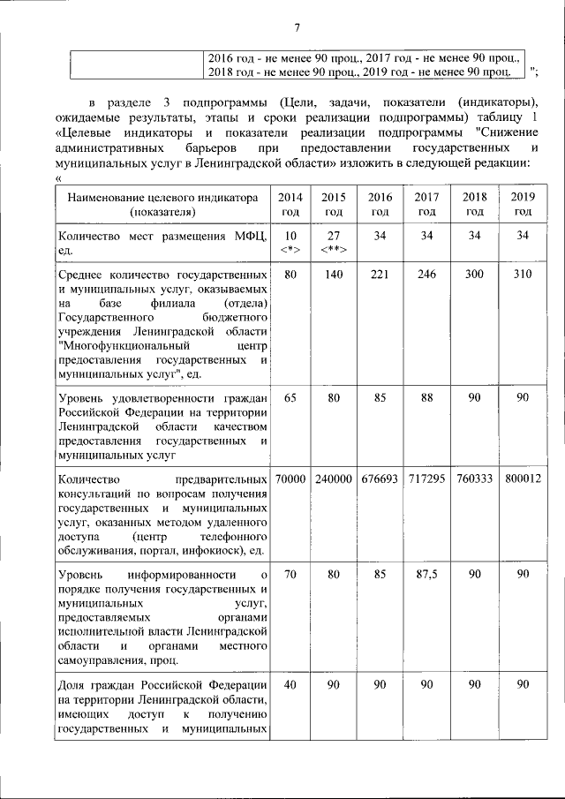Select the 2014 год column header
tap(290, 204)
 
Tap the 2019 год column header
tap(523, 204)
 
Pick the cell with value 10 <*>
tap(290, 242)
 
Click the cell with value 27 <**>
tap(334, 242)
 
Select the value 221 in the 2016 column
tap(380, 275)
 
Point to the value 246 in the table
tap(427, 275)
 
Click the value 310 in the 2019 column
tap(523, 275)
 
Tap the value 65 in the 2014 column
tap(290, 397)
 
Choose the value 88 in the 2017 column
tap(427, 397)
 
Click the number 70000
tap(290, 479)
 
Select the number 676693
tap(380, 479)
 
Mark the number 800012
tap(523, 479)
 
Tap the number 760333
tap(475, 479)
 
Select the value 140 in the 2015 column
tap(334, 275)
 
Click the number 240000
tap(334, 479)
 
